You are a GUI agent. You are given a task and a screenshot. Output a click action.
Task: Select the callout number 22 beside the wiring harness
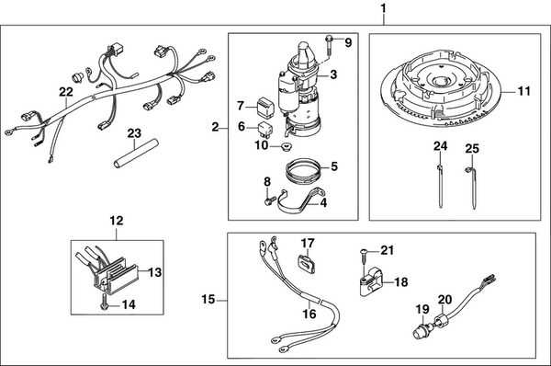tap(64, 92)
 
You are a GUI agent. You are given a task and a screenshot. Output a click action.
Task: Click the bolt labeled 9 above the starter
tap(328, 43)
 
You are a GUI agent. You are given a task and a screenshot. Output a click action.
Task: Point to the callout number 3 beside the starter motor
tap(333, 74)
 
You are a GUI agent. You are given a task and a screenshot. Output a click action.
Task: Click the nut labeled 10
tap(285, 146)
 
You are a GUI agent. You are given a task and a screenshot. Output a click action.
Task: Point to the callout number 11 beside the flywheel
tap(523, 91)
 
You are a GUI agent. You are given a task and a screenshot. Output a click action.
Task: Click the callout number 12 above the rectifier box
tap(117, 220)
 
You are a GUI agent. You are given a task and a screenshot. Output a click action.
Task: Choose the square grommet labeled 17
tap(308, 260)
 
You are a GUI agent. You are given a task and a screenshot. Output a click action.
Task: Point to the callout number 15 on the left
tap(208, 300)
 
